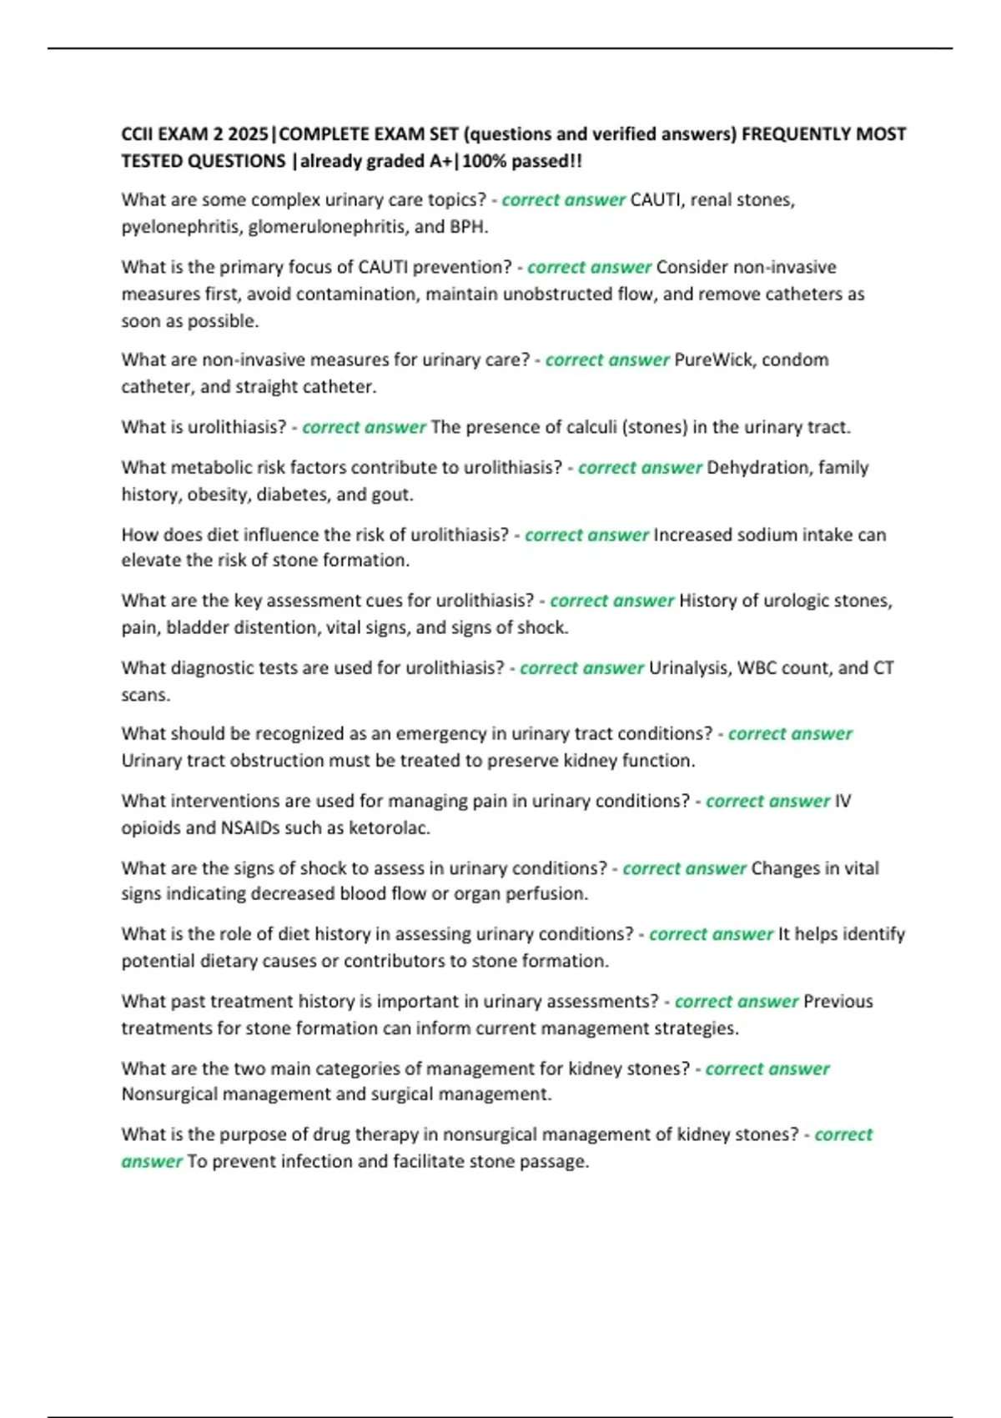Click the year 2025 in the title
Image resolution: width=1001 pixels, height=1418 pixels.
click(x=249, y=134)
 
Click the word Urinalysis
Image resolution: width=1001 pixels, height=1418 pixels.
click(x=689, y=668)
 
